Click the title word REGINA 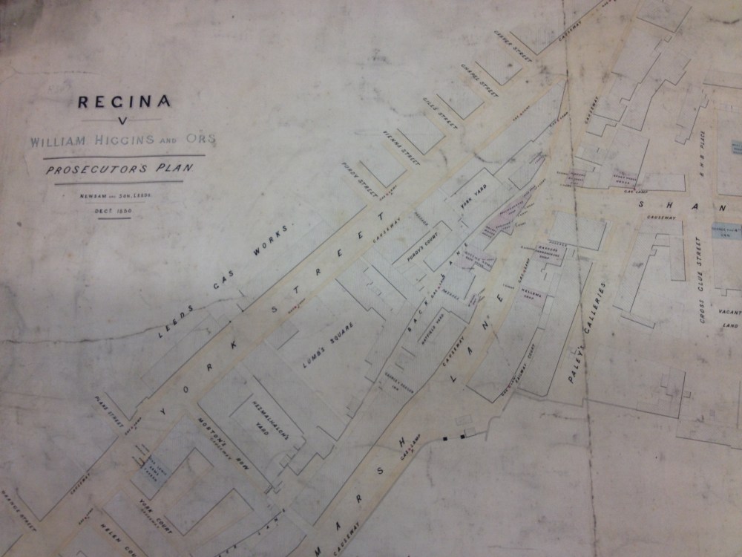[x=124, y=102]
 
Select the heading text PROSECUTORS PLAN [x=119, y=169]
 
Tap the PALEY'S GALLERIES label [x=587, y=332]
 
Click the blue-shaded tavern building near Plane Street [x=155, y=469]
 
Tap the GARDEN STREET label [x=510, y=48]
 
